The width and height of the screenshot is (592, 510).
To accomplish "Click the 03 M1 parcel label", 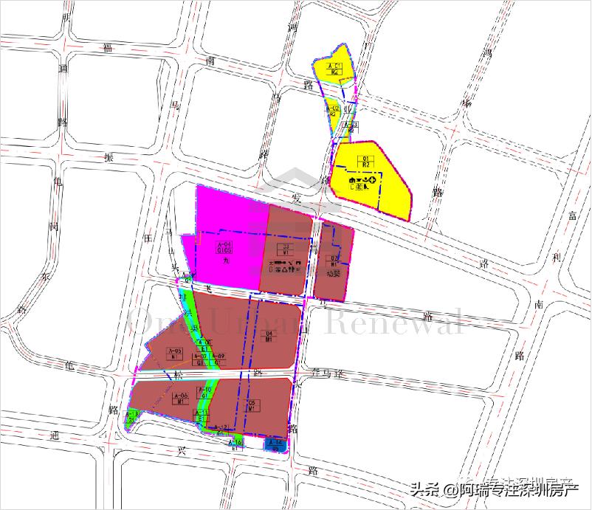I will (x=284, y=249).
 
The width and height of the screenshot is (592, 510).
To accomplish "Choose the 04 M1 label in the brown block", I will (x=269, y=337).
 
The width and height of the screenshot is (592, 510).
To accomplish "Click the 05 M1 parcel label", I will (x=252, y=405).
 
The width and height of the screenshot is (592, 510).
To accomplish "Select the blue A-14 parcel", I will (x=277, y=444).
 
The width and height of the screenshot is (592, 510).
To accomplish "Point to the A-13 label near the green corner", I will (x=134, y=416).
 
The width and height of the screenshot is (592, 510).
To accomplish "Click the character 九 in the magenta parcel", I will (x=224, y=261).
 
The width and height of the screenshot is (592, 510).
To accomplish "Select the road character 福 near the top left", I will (x=109, y=49).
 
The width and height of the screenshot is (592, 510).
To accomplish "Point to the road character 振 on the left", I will (x=110, y=158).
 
